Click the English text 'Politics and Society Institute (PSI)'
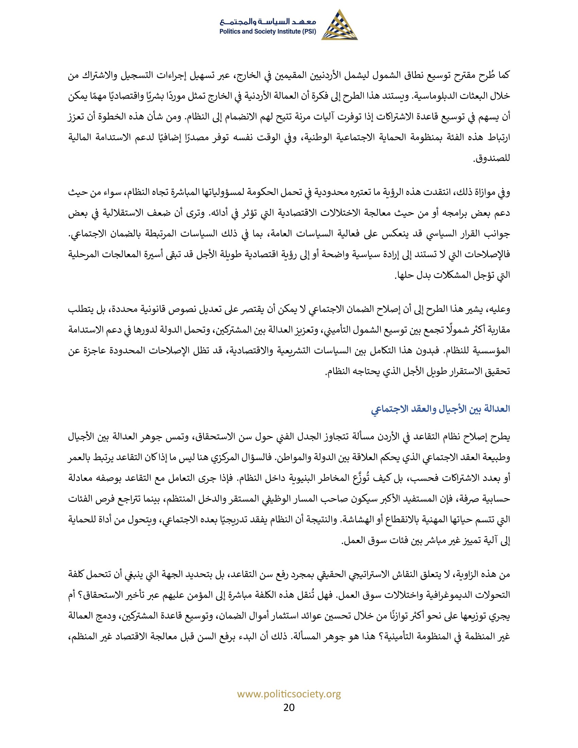tap(268, 32)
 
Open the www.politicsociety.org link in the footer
tap(289, 694)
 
